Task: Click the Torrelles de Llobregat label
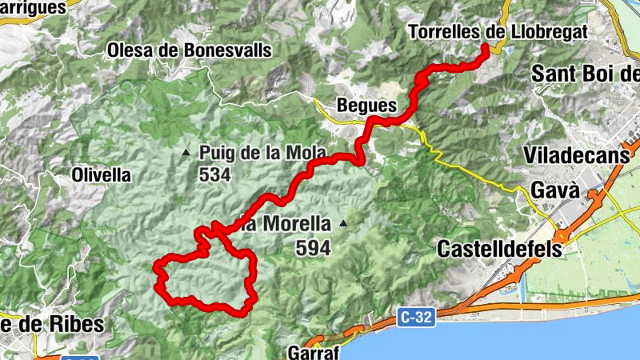point(497,31)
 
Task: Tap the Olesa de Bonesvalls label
point(190,50)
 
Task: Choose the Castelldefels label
point(499,249)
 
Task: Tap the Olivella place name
point(101,174)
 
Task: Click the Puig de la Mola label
point(252,152)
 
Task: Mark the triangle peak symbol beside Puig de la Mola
point(186,152)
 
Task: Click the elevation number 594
point(313,249)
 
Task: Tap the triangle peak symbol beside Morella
point(343,223)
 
